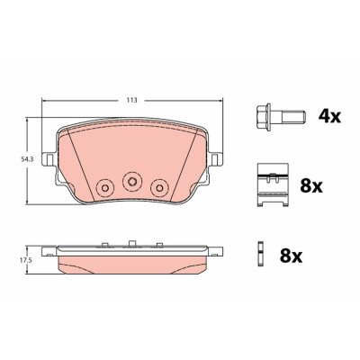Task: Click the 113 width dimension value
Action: click(131, 100)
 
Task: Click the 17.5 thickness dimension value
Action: click(25, 260)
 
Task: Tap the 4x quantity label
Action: click(329, 116)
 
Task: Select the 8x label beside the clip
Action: click(311, 185)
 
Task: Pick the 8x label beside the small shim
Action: click(291, 256)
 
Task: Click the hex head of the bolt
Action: click(264, 117)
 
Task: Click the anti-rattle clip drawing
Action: click(273, 184)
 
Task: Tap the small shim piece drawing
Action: click(260, 255)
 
